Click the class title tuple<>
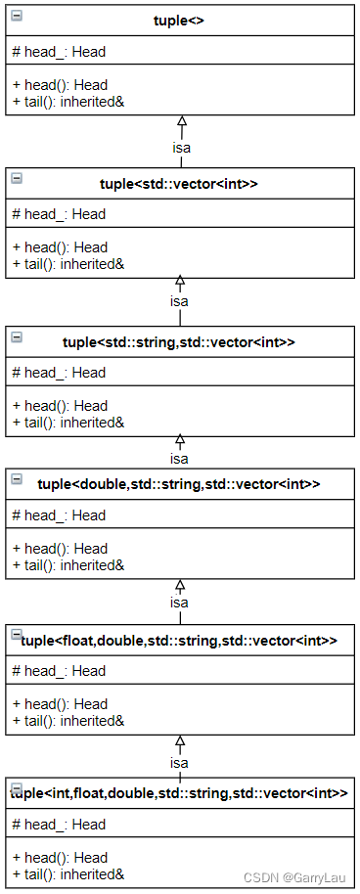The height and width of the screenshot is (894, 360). click(x=180, y=21)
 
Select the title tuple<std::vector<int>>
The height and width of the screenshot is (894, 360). click(x=179, y=183)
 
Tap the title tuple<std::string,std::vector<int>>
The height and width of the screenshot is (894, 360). click(x=179, y=341)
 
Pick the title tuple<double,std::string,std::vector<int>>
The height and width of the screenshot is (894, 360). click(x=179, y=484)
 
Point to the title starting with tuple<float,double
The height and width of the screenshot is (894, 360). click(x=179, y=640)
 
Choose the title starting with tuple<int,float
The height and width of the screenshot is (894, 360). click(x=179, y=793)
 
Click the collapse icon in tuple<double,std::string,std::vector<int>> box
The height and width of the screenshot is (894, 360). click(x=17, y=478)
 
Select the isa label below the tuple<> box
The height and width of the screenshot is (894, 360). click(x=181, y=148)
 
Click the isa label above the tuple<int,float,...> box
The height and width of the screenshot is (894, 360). click(x=179, y=762)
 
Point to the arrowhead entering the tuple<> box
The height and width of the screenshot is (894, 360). click(x=181, y=121)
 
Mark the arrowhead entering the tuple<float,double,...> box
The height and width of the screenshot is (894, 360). click(x=179, y=585)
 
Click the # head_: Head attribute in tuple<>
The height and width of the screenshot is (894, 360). click(x=58, y=52)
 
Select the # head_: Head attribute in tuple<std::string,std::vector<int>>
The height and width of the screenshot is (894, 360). click(x=58, y=372)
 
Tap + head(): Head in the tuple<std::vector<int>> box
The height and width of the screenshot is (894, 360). click(x=60, y=246)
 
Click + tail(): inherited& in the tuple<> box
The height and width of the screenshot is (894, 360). click(x=67, y=101)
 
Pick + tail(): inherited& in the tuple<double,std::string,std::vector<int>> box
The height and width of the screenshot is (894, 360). click(x=67, y=564)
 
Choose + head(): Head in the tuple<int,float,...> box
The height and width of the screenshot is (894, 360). click(x=60, y=857)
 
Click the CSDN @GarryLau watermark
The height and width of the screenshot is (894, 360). click(x=297, y=878)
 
